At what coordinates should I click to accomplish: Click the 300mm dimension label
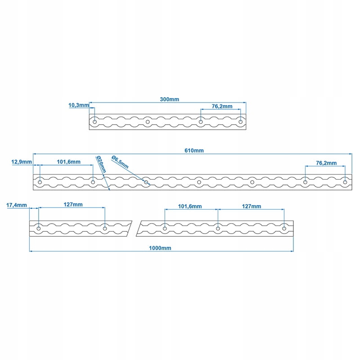[169, 99]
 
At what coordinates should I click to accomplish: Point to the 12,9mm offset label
[22, 162]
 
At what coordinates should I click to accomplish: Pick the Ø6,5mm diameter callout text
[120, 162]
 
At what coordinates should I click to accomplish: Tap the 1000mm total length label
[161, 248]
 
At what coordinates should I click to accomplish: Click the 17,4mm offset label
[17, 205]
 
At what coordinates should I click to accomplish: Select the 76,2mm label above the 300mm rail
[222, 107]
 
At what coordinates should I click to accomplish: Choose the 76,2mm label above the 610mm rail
[327, 163]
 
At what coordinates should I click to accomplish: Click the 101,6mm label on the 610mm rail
[69, 162]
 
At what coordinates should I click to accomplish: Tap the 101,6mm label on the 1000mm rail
[190, 207]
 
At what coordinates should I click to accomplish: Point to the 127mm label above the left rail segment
[73, 204]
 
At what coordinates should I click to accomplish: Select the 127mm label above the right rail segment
[252, 207]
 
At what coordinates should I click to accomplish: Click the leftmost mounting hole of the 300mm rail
[94, 121]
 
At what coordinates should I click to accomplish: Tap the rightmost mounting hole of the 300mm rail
[241, 121]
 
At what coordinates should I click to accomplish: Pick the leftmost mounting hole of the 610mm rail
[40, 182]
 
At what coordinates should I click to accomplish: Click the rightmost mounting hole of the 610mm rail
[345, 182]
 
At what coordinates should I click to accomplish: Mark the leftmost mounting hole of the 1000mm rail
[39, 228]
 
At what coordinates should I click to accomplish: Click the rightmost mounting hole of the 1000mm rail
[284, 228]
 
